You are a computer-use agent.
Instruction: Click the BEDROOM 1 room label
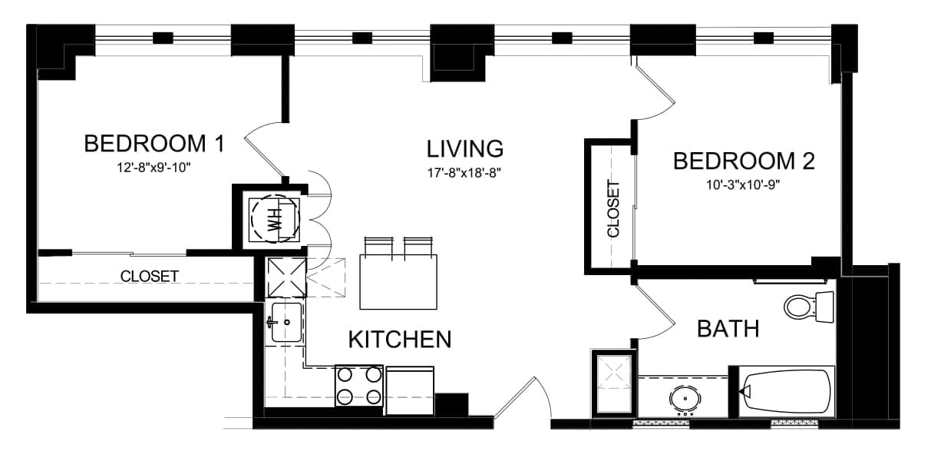click(x=154, y=144)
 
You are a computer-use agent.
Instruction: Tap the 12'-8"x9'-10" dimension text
click(x=154, y=168)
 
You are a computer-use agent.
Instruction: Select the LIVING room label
click(x=465, y=149)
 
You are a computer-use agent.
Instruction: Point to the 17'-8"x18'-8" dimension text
click(x=464, y=173)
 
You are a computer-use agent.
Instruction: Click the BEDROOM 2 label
click(x=744, y=161)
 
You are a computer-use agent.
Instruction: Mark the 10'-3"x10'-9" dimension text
click(x=743, y=184)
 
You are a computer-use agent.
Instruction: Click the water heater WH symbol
click(x=274, y=219)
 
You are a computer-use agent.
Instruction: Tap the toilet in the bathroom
click(x=809, y=307)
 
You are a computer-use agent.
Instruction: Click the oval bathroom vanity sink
click(x=685, y=400)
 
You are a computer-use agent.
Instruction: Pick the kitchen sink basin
click(x=286, y=322)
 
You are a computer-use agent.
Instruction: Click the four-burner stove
click(x=359, y=386)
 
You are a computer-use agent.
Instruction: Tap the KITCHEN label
click(x=400, y=340)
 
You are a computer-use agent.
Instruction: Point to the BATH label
click(x=728, y=329)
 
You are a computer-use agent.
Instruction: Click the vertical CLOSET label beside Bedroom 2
click(x=613, y=208)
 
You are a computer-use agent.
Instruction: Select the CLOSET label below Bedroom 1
click(x=150, y=276)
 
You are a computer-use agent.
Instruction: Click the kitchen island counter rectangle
click(x=398, y=282)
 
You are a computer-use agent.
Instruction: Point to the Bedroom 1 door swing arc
click(x=261, y=145)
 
